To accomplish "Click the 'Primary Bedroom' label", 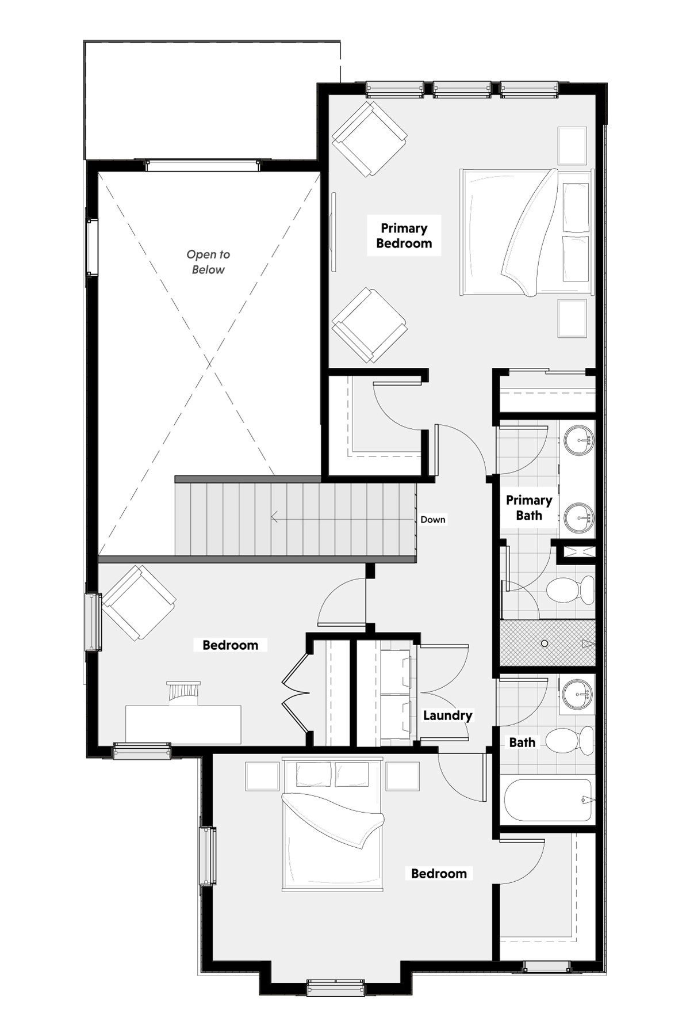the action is pyautogui.click(x=404, y=236).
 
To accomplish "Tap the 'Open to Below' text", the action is pyautogui.click(x=208, y=262).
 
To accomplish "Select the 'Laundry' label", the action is pyautogui.click(x=447, y=715).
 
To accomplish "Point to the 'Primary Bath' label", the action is pyautogui.click(x=529, y=508).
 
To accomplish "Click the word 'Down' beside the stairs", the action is pyautogui.click(x=432, y=520).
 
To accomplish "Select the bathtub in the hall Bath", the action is pyautogui.click(x=548, y=800).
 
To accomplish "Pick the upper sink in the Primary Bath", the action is pyautogui.click(x=578, y=441).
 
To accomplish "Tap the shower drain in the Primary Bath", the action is pyautogui.click(x=545, y=643).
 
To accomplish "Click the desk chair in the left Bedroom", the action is pyautogui.click(x=184, y=691).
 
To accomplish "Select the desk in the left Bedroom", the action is pyautogui.click(x=183, y=725).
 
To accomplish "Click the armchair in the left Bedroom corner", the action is pyautogui.click(x=139, y=603).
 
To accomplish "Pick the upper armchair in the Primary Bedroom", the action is pyautogui.click(x=370, y=139).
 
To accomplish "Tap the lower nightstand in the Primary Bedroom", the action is pyautogui.click(x=572, y=318).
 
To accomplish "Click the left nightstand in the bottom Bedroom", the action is pyautogui.click(x=262, y=776).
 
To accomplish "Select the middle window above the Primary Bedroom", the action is pyautogui.click(x=462, y=89).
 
